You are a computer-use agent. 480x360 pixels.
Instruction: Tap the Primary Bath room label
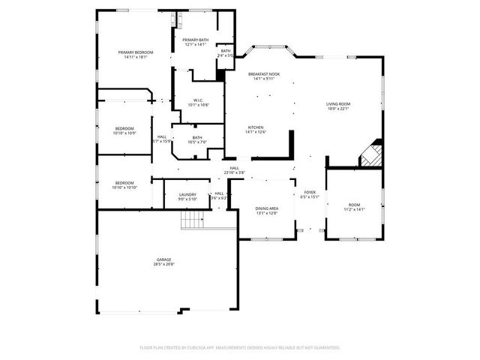pos(193,40)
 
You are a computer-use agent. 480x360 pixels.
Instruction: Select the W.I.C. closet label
pos(198,100)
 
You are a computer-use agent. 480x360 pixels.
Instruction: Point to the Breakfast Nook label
pos(263,73)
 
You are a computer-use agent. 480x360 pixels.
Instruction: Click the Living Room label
pos(338,103)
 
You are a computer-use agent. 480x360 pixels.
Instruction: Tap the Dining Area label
pos(267,208)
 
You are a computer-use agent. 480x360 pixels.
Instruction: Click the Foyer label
pos(309,193)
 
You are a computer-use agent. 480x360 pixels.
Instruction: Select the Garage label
pos(164,259)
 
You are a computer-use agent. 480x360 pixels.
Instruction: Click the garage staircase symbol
pos(193,220)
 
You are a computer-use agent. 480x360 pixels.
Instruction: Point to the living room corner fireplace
pos(371,155)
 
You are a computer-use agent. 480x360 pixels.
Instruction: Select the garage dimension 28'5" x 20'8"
pos(164,264)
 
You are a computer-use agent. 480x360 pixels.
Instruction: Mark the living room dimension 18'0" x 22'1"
pos(338,109)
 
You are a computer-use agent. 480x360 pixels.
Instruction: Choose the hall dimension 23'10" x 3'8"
pos(234,172)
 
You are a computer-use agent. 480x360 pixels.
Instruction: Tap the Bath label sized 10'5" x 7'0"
pos(197,137)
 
